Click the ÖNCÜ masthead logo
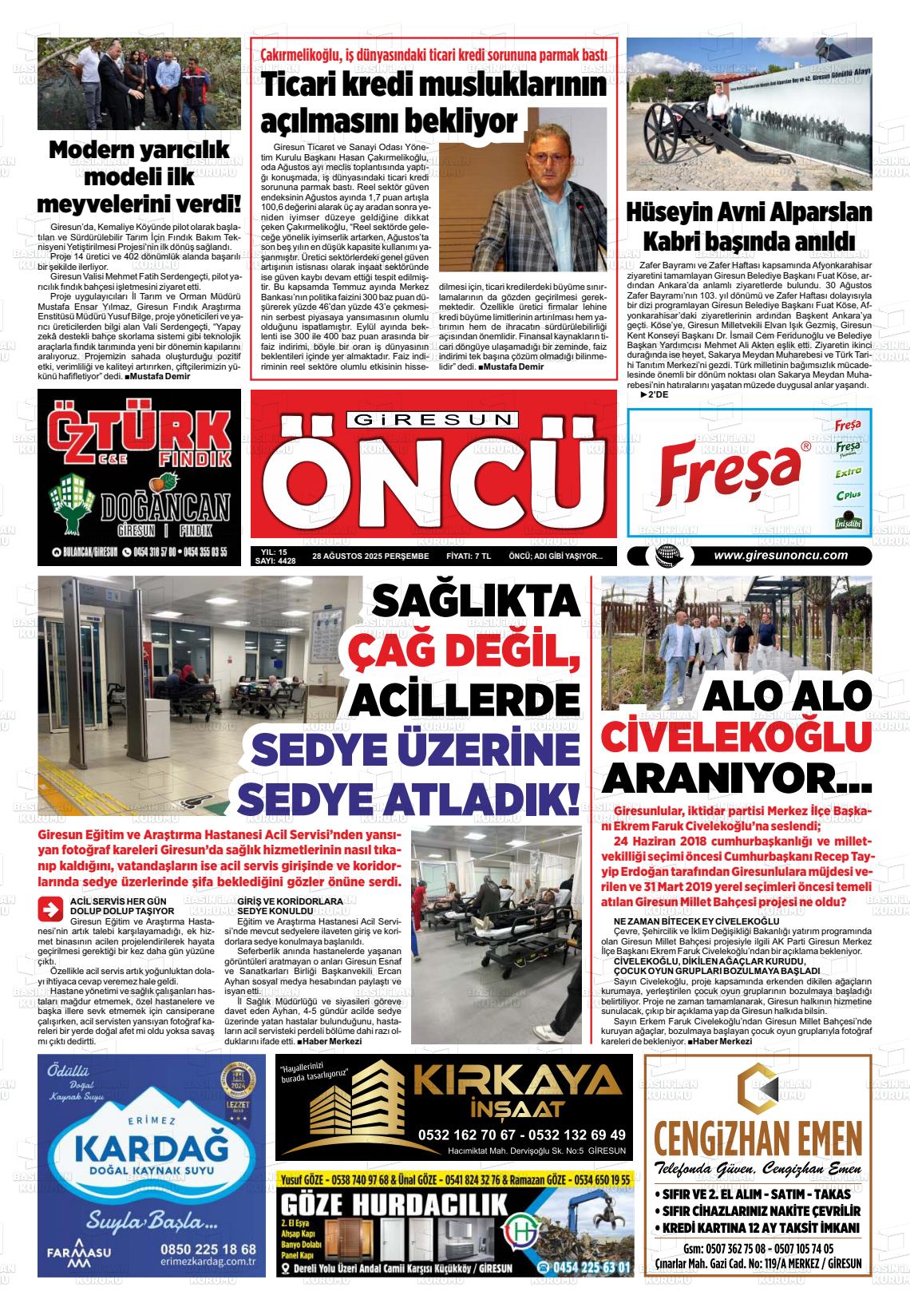[433, 482]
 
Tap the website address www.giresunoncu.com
[780, 556]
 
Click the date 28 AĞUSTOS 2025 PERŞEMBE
[370, 556]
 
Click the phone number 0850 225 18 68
[208, 1249]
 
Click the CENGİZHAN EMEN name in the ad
[758, 1135]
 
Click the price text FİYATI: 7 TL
[469, 556]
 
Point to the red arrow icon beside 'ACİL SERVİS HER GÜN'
[50, 909]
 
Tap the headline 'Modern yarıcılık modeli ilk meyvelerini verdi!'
[139, 176]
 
